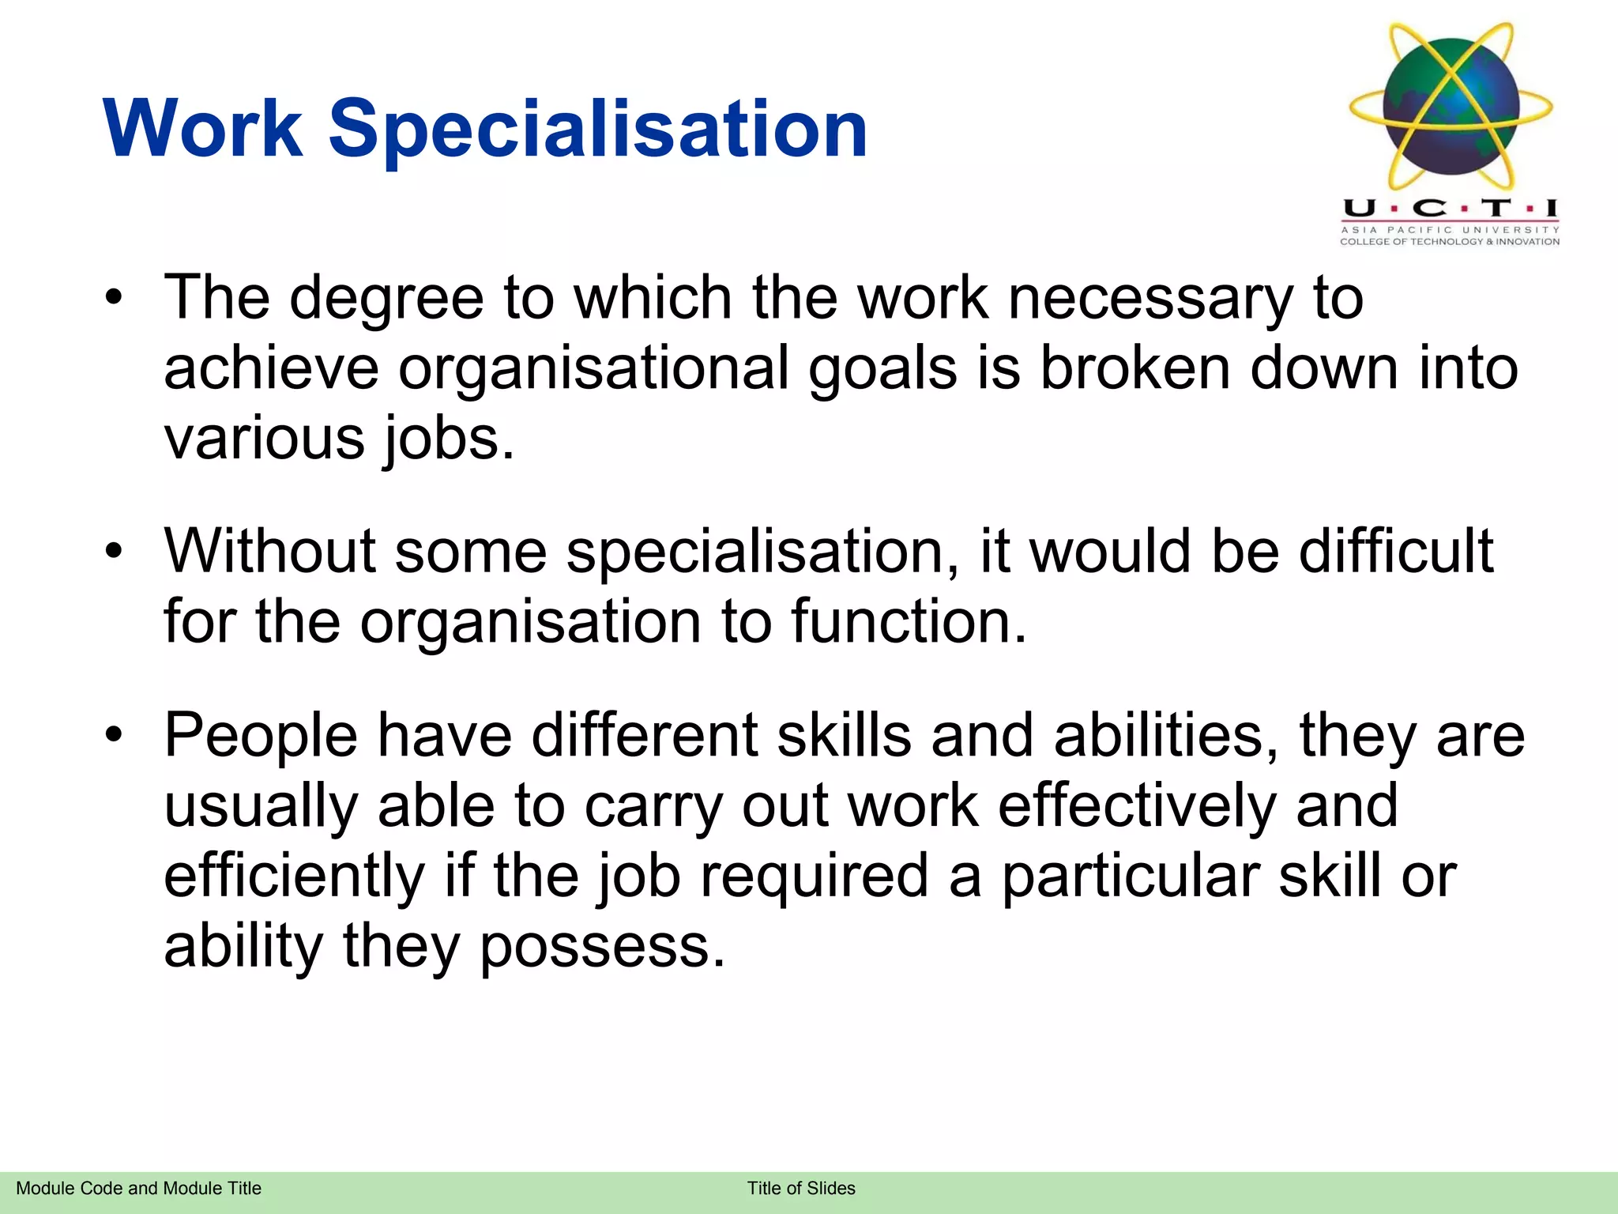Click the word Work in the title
pos(202,128)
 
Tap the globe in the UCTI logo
pos(1451,106)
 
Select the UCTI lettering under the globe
pos(1451,209)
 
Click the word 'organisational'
pos(593,370)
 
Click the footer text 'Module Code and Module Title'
pos(138,1189)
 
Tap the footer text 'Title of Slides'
pos(801,1189)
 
